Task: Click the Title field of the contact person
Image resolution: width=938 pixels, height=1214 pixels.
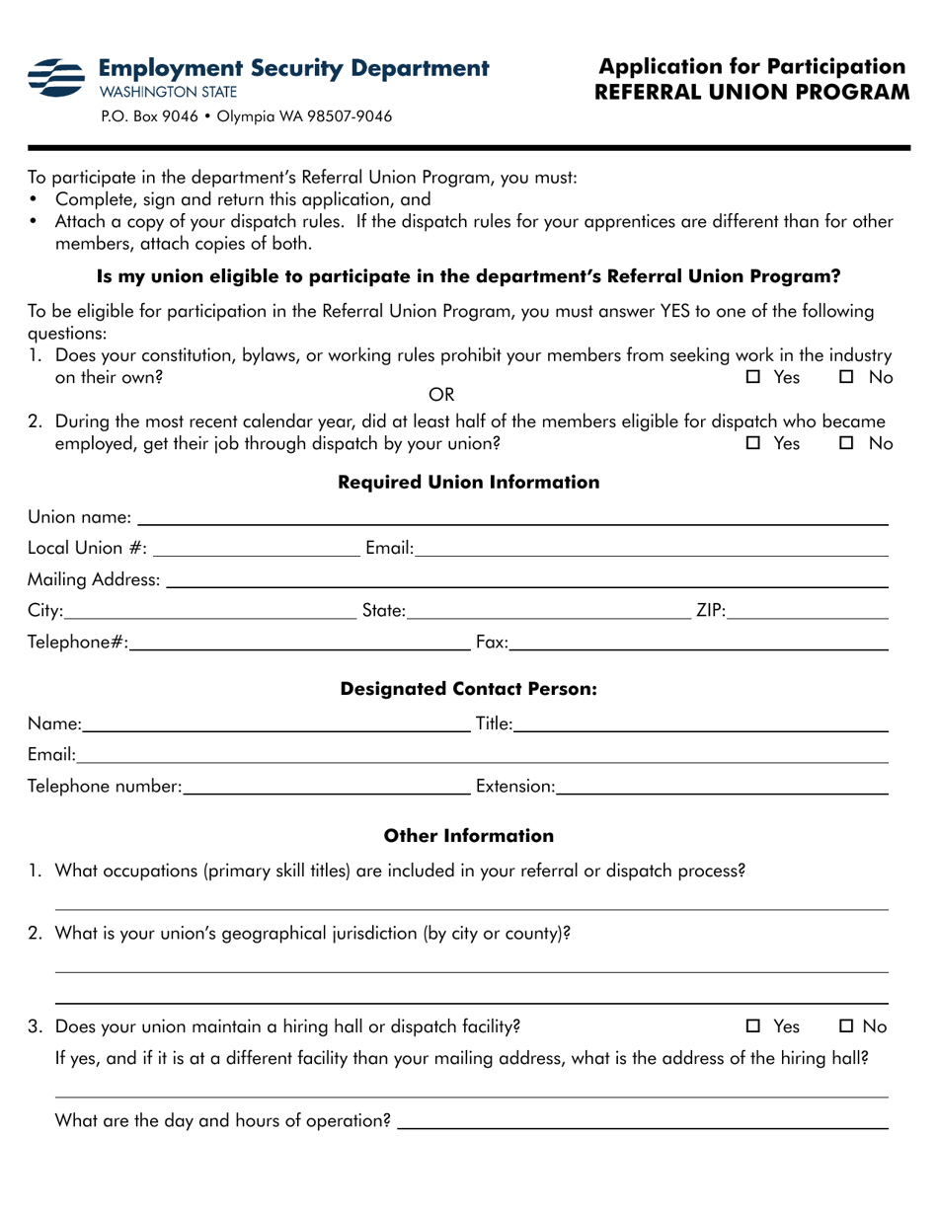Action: tap(700, 725)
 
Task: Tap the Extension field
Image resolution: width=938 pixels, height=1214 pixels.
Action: tap(721, 786)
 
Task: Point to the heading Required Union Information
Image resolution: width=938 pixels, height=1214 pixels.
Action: tap(469, 483)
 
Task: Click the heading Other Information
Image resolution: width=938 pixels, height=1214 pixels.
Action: tap(469, 837)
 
